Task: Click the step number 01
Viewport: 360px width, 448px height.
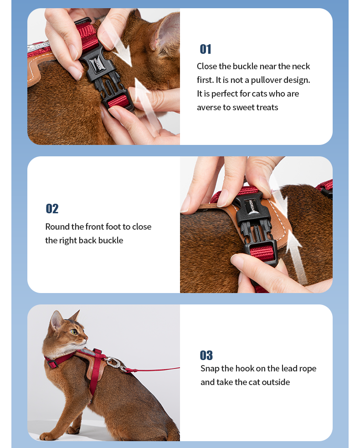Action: click(206, 49)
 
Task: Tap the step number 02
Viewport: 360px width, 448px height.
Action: click(52, 209)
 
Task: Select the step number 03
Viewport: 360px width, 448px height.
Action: click(206, 355)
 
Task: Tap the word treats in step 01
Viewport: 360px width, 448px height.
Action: click(267, 108)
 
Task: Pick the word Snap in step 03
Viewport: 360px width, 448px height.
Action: click(210, 369)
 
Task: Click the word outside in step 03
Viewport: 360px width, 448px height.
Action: click(276, 382)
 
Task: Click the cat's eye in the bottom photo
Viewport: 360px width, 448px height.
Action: click(74, 332)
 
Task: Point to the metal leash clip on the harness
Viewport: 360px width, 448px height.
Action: click(115, 363)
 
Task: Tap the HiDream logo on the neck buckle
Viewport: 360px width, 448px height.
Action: click(98, 63)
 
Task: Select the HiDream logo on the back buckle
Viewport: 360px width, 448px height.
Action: click(251, 206)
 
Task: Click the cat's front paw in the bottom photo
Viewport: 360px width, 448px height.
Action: click(47, 436)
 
